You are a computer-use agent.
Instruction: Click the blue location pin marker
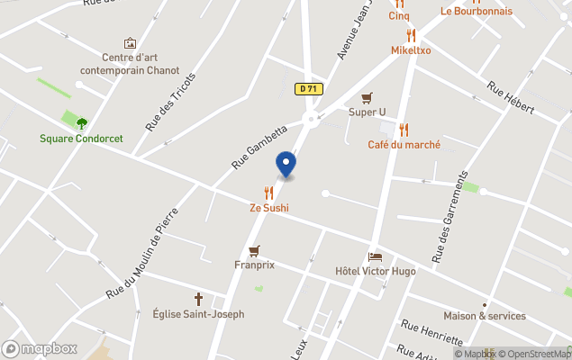286,165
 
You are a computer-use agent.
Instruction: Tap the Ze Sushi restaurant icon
268,193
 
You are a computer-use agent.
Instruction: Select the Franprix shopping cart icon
254,251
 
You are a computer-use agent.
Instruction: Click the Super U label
367,112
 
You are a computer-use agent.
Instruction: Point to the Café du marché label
404,144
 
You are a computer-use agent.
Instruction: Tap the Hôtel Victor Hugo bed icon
375,256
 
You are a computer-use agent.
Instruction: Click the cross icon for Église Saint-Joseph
198,299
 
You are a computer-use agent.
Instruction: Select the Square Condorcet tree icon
82,123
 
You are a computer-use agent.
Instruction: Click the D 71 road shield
309,88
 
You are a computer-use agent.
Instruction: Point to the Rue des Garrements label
451,216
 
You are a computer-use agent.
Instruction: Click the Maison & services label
484,316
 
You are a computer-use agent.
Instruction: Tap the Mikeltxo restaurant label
411,50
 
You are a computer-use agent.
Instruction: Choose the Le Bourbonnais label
476,11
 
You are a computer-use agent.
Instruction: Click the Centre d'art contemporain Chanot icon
130,42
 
